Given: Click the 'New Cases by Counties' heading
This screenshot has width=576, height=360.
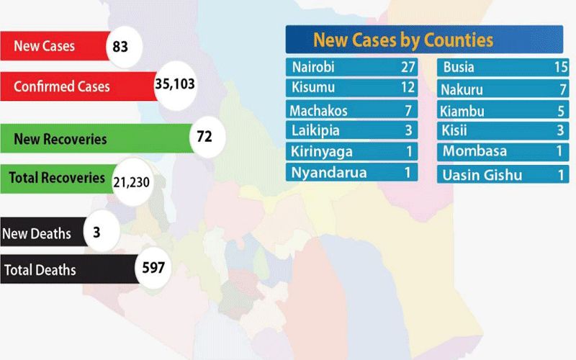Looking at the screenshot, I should [x=403, y=39].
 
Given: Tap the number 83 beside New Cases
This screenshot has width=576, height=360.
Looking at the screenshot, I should [x=121, y=47].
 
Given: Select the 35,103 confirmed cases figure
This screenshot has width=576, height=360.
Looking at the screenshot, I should [x=175, y=84].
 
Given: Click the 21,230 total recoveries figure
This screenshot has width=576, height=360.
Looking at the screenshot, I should [x=132, y=181].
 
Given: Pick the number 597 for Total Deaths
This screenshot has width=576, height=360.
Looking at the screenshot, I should [x=154, y=269].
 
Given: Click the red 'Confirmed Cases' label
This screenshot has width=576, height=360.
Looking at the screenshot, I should [x=62, y=86].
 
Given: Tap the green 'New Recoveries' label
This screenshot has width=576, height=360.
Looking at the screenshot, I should [x=60, y=139].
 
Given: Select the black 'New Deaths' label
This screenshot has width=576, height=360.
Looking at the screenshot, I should [x=37, y=233].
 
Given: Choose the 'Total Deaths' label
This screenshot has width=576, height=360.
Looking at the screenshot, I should [x=40, y=271].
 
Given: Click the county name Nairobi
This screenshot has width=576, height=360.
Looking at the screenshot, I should [x=314, y=68].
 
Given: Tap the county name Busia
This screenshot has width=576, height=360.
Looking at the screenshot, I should [x=462, y=68].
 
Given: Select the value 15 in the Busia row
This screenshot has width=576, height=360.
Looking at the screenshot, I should [x=559, y=68].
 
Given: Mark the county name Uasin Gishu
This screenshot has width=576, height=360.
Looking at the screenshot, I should [x=482, y=175].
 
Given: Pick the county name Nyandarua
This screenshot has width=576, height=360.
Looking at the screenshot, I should [x=328, y=173].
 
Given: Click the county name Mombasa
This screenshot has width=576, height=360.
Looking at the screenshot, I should [x=474, y=151].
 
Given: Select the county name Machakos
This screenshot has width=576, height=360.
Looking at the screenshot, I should [x=318, y=111].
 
